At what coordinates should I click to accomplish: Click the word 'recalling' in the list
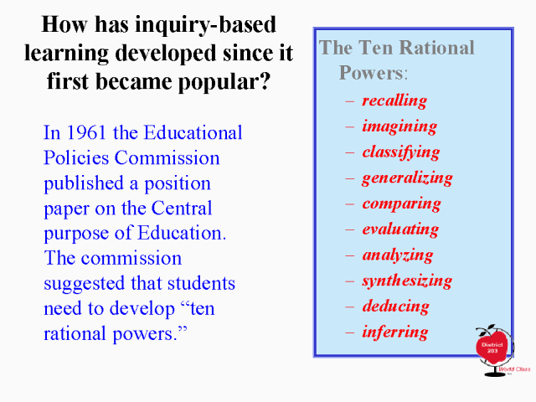tap(394, 101)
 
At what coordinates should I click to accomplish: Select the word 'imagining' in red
tap(399, 126)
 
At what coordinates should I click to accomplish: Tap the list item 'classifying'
tap(401, 152)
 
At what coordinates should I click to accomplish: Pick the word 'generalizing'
tap(408, 178)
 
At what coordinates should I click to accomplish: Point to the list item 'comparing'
tap(402, 204)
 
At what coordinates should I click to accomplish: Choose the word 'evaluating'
tap(400, 229)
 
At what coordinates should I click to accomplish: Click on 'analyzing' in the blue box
tap(398, 255)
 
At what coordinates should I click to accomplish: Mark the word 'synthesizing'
tap(407, 281)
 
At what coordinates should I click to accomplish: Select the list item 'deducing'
tap(396, 306)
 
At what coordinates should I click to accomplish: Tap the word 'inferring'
tap(394, 332)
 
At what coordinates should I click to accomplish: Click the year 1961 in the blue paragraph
tap(85, 132)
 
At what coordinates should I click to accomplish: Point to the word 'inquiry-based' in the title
tap(205, 25)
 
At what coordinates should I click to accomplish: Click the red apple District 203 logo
tap(492, 348)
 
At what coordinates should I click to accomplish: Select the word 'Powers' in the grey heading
tap(371, 73)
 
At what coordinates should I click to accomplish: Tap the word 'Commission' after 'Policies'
tap(167, 158)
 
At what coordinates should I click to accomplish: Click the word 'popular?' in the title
tap(224, 82)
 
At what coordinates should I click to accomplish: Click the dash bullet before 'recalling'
tap(350, 101)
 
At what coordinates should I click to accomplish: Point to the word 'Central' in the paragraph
tap(182, 208)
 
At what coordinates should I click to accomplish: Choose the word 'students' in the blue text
tap(201, 283)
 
